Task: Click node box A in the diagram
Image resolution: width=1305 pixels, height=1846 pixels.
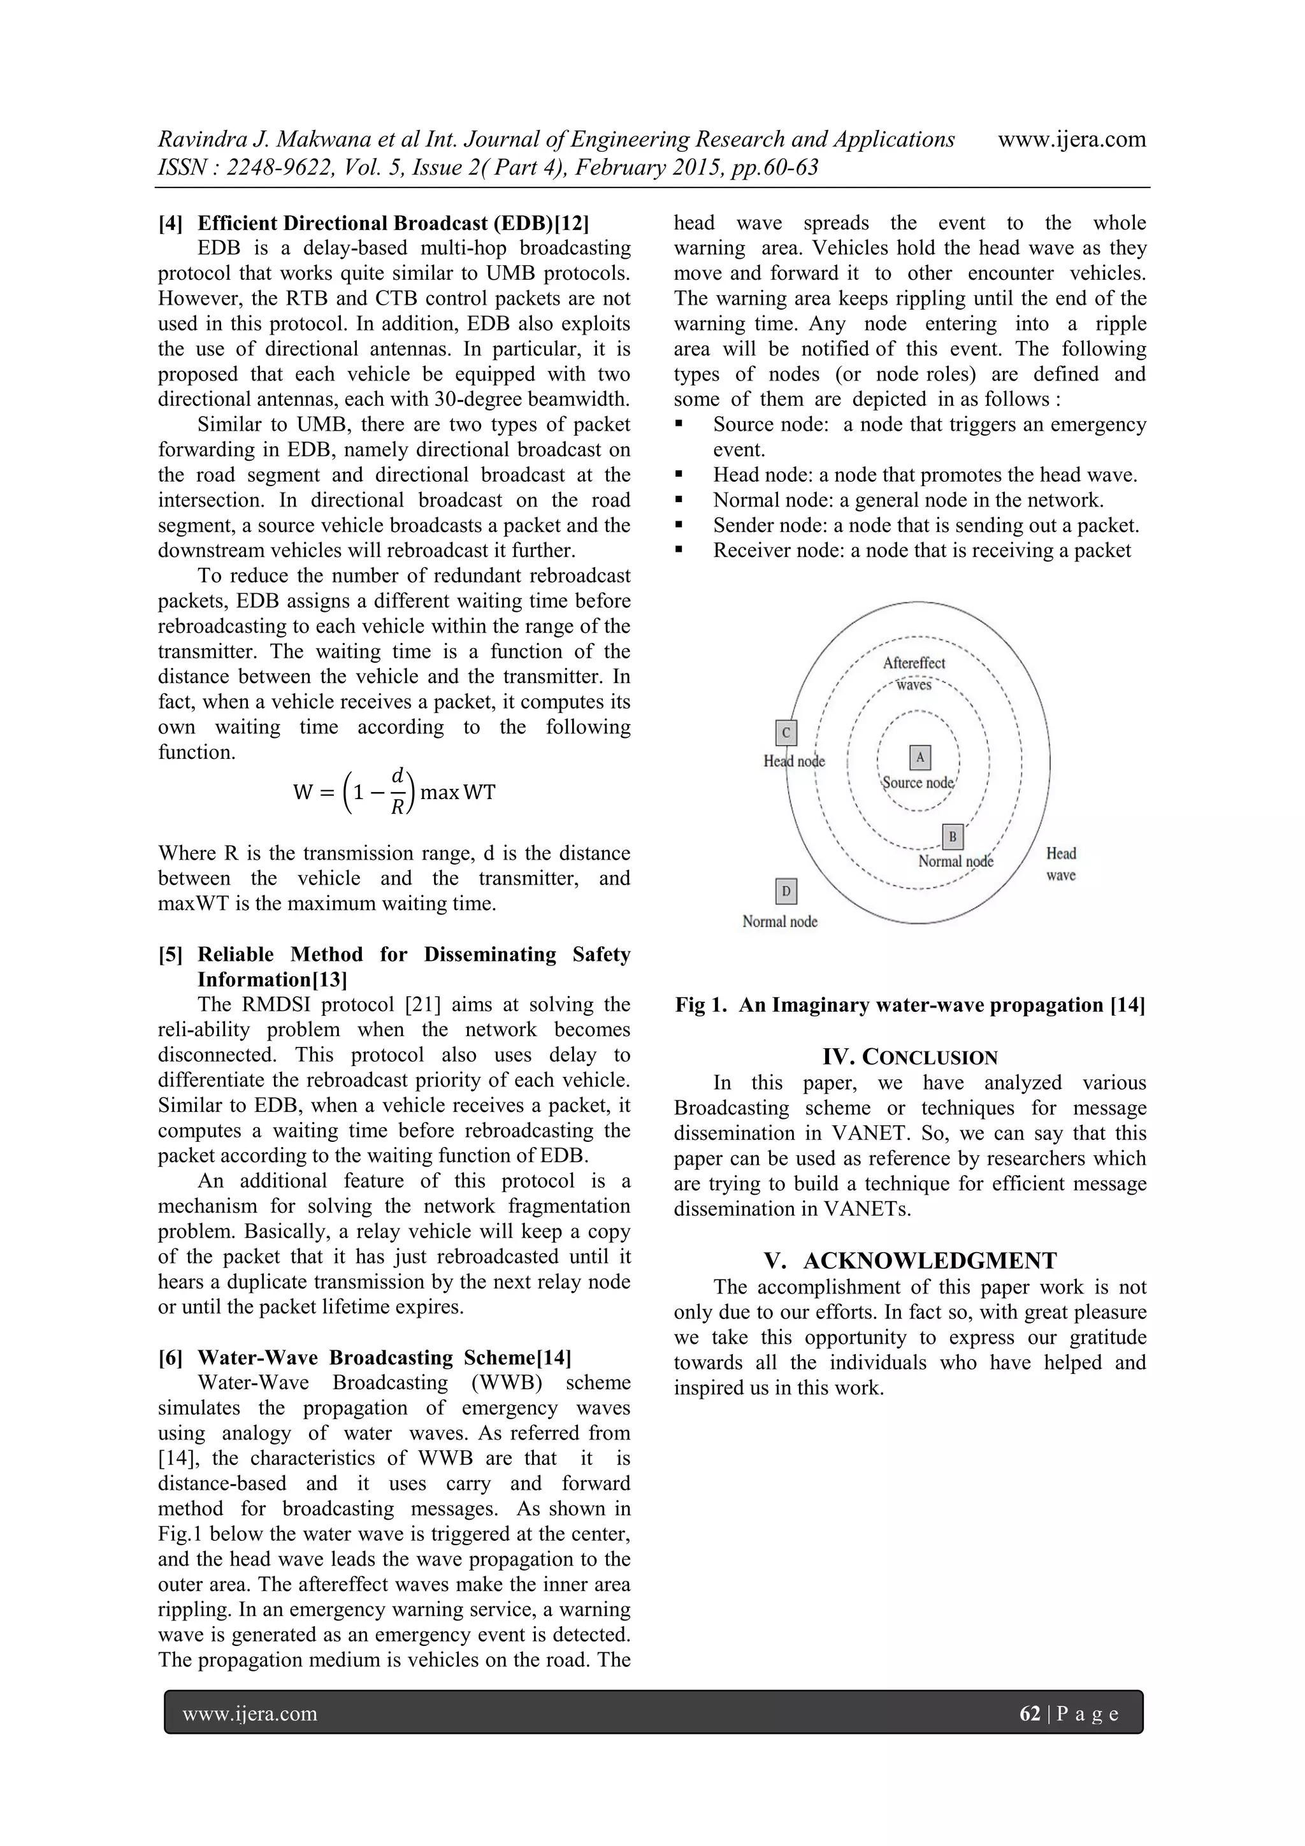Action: tap(920, 758)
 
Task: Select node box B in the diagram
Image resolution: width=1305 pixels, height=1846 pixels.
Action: tap(952, 837)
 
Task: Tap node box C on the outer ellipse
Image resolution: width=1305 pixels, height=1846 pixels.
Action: tap(786, 732)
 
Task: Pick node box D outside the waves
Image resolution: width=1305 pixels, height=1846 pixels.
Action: tap(786, 891)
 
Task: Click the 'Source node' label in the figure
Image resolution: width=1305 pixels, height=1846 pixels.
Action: tap(918, 782)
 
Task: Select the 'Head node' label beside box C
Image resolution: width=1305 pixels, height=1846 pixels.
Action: tap(793, 761)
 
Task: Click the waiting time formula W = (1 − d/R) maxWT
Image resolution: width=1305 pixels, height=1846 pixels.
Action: tap(394, 792)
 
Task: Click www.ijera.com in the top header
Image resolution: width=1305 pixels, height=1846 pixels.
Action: tap(1071, 139)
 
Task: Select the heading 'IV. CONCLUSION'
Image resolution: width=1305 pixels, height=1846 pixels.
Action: tap(909, 1057)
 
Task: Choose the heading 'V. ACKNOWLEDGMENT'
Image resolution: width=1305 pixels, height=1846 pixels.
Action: tap(909, 1260)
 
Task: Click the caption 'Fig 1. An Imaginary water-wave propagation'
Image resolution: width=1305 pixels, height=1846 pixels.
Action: tap(909, 1005)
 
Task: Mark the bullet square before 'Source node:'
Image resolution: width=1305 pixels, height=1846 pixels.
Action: tap(681, 424)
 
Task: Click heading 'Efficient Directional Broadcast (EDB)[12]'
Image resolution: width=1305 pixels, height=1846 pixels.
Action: tap(393, 223)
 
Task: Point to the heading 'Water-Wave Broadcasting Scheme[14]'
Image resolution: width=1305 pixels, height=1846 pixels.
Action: tap(384, 1357)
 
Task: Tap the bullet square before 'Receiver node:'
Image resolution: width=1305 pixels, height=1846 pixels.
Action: tap(681, 550)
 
